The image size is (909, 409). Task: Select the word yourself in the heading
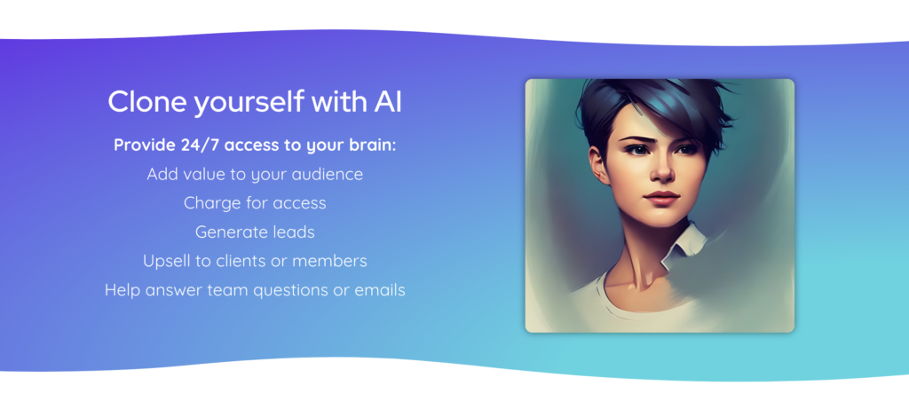click(x=249, y=103)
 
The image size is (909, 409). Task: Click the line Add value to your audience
click(x=255, y=175)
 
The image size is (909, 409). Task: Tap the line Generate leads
click(x=255, y=232)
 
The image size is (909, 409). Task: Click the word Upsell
click(x=168, y=261)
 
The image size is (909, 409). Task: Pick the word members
click(x=329, y=261)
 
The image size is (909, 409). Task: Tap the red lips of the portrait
click(x=661, y=198)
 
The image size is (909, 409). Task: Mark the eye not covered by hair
click(x=636, y=148)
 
